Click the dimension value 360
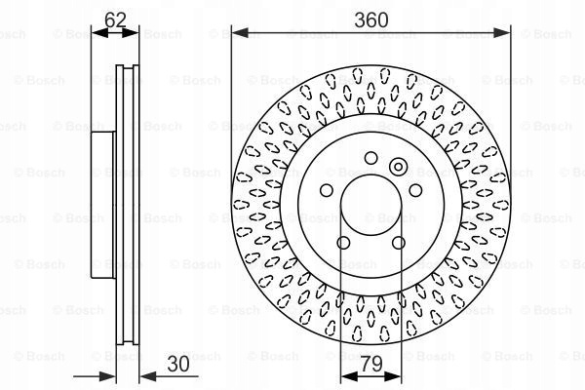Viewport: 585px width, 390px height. (x=370, y=19)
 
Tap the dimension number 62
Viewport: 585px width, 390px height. (x=115, y=19)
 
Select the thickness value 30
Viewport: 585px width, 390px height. (x=178, y=364)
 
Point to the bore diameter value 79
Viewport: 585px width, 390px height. (x=371, y=364)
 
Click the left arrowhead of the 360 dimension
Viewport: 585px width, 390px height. (x=240, y=33)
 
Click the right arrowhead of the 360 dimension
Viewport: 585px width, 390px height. (x=502, y=33)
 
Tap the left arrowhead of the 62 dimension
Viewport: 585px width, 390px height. (x=100, y=33)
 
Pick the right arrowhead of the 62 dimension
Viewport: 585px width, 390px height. (x=130, y=33)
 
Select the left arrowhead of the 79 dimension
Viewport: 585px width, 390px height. (x=349, y=376)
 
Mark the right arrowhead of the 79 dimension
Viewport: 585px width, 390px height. (x=393, y=376)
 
